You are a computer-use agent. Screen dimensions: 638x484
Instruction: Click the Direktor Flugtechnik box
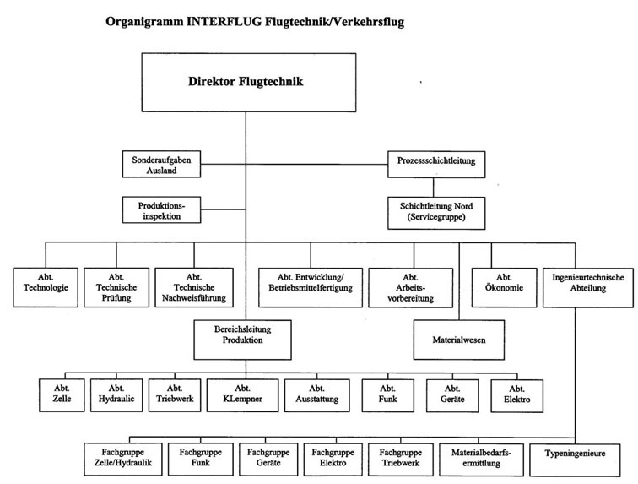(249, 82)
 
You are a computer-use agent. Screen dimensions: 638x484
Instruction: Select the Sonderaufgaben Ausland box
(161, 164)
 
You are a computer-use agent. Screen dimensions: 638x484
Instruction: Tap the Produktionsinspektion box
(161, 210)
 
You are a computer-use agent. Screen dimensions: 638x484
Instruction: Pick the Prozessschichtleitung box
(436, 164)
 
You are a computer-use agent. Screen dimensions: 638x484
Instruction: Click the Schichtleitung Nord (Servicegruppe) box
(436, 213)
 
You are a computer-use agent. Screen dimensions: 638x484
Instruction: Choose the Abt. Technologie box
(46, 287)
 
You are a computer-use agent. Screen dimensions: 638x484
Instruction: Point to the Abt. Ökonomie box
(504, 287)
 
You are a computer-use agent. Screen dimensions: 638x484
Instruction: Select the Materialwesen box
(459, 340)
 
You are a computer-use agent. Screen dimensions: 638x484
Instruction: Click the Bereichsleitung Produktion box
(242, 340)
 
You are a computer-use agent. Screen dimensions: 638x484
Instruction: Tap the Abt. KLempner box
(242, 395)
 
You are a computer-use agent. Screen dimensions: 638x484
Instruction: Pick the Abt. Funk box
(387, 395)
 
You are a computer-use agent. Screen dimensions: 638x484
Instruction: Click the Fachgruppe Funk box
(201, 460)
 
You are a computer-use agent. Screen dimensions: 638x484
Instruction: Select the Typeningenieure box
(575, 460)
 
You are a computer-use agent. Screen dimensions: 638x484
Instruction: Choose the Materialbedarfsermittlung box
(481, 460)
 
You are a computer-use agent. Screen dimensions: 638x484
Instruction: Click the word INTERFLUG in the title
(224, 21)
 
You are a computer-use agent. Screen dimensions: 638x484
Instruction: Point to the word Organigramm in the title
(144, 22)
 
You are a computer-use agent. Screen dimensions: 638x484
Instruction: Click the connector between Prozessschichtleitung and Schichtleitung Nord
(433, 188)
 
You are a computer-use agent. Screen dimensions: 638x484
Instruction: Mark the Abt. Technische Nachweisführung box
(194, 287)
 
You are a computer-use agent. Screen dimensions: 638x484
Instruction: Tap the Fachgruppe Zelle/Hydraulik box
(123, 460)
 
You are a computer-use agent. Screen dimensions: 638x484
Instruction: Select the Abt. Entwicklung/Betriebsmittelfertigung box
(311, 287)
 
